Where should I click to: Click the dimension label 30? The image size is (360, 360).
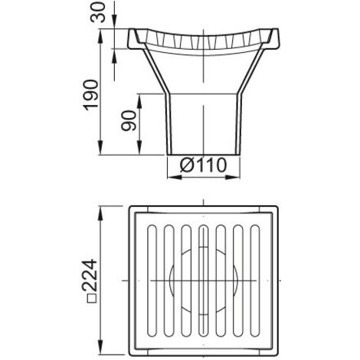(98, 12)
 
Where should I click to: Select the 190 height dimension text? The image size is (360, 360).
(91, 95)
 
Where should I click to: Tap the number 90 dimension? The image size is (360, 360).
(129, 120)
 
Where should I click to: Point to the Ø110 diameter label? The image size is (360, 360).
(203, 165)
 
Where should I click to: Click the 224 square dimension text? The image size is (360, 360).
(90, 275)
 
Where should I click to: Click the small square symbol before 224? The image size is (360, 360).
(92, 299)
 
